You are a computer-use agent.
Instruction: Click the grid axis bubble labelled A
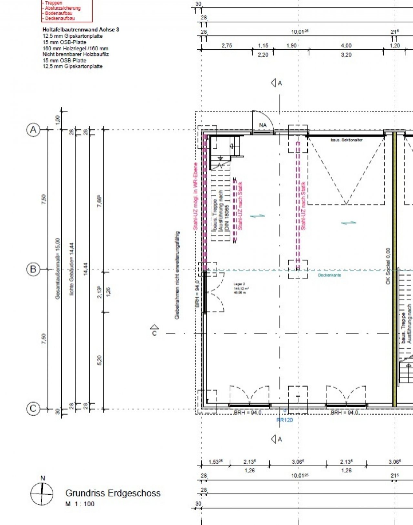point(33,130)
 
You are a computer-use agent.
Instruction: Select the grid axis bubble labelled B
point(33,269)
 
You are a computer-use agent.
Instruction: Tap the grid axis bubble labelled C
point(33,409)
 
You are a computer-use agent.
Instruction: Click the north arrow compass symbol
point(42,493)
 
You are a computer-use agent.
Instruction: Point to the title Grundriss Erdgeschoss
point(113,493)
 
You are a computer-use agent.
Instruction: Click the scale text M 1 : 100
point(80,504)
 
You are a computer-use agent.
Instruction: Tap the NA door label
point(263,125)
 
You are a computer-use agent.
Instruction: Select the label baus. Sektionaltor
point(346,140)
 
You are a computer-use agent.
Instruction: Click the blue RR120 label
point(284,420)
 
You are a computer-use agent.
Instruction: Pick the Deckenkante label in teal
point(329,275)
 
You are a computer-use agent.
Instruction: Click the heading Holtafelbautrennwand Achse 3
point(81,30)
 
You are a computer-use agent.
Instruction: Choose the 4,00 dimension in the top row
point(346,46)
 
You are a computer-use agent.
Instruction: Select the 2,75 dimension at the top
point(227,46)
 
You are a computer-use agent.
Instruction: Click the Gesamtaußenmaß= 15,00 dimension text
point(58,268)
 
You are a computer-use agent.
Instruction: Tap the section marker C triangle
point(154,328)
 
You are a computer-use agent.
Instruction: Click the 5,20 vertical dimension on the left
point(99,360)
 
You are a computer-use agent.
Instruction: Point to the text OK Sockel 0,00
point(388,266)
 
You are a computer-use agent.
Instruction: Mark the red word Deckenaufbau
point(60,18)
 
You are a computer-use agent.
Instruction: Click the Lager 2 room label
point(240,284)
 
